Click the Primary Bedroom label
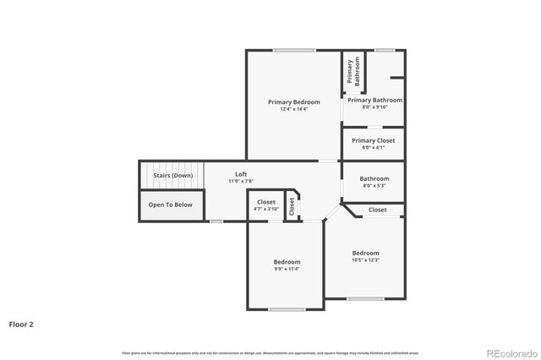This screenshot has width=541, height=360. click(293, 101)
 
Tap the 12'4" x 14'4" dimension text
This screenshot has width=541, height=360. click(293, 109)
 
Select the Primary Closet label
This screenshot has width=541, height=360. click(373, 140)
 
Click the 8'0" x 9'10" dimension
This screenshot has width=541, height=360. click(373, 107)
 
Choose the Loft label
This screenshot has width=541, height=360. click(241, 173)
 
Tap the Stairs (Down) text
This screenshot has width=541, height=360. click(172, 175)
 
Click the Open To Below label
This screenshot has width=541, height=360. click(170, 205)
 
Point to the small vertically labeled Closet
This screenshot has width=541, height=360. click(292, 205)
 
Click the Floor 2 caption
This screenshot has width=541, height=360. click(21, 324)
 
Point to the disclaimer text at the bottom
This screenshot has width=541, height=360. click(270, 352)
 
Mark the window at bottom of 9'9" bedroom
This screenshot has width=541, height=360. click(287, 309)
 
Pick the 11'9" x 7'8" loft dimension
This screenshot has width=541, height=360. click(241, 181)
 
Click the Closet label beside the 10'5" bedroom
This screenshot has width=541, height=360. click(377, 210)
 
